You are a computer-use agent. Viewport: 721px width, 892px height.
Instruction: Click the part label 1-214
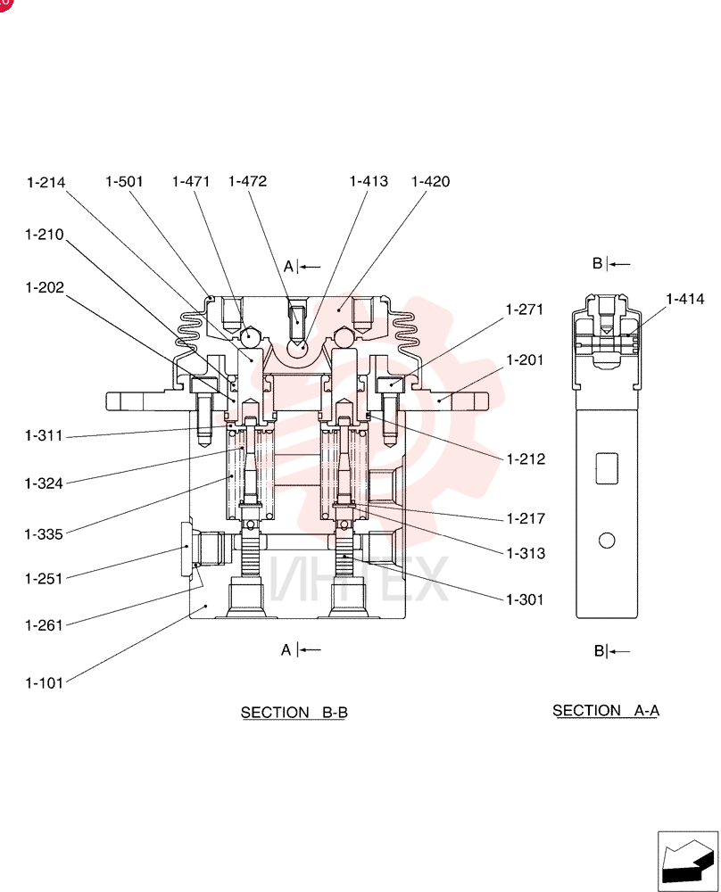tap(46, 183)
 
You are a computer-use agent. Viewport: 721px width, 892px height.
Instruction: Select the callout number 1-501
tap(124, 181)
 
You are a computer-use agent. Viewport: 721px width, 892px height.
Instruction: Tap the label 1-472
tap(247, 181)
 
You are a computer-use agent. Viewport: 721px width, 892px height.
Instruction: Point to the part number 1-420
tap(431, 181)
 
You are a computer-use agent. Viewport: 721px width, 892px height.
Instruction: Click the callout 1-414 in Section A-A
tap(685, 299)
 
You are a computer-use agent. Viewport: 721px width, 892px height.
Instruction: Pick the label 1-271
tap(525, 310)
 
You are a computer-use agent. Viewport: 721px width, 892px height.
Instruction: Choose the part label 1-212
tap(526, 459)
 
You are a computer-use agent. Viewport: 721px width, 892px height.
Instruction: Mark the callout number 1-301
tap(526, 599)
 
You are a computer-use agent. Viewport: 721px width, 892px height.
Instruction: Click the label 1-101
tap(44, 682)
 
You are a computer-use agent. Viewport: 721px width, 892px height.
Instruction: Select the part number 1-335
tap(44, 534)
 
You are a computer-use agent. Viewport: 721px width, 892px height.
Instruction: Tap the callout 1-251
tap(43, 579)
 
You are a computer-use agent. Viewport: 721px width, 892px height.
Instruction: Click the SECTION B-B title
tap(294, 712)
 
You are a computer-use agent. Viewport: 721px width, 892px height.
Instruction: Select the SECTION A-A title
tap(606, 711)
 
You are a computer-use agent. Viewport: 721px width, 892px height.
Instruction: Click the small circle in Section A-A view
tap(607, 540)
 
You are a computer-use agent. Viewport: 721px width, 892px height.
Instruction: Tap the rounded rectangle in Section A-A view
tap(607, 468)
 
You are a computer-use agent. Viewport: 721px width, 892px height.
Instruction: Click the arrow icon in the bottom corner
tap(687, 861)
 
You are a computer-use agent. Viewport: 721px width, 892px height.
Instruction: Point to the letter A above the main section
tap(288, 266)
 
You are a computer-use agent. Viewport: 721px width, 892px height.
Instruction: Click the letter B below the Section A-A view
tap(600, 651)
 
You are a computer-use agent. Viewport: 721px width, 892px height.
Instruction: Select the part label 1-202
tap(45, 288)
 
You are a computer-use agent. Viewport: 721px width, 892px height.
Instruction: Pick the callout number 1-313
tap(526, 554)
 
